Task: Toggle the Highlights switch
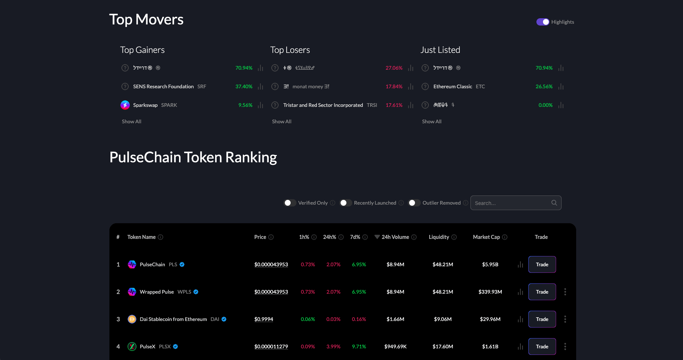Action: (x=543, y=22)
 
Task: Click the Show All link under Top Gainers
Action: (x=131, y=121)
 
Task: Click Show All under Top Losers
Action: (x=282, y=121)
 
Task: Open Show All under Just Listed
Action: (x=431, y=121)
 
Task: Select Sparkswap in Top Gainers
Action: (x=145, y=105)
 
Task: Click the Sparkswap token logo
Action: (x=125, y=105)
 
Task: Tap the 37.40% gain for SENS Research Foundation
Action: (x=244, y=86)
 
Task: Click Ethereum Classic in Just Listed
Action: (x=453, y=86)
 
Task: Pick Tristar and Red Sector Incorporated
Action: (x=323, y=105)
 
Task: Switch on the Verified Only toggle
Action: (x=290, y=203)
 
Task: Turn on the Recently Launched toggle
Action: (x=346, y=203)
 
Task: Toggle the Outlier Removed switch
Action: (x=414, y=203)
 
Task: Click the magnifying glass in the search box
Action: (x=554, y=203)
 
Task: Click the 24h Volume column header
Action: (x=395, y=237)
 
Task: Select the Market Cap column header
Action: (x=486, y=237)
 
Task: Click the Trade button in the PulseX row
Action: (x=542, y=347)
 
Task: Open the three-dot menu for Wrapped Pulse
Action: (x=565, y=292)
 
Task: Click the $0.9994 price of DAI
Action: (x=264, y=319)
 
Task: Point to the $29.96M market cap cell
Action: (x=490, y=319)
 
